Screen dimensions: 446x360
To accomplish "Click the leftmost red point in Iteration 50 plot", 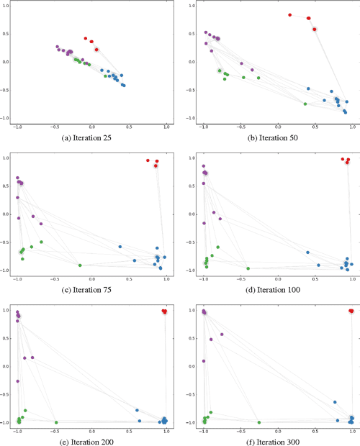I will point(290,14).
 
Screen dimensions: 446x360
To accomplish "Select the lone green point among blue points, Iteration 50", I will point(305,104).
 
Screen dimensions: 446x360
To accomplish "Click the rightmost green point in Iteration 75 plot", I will point(80,265).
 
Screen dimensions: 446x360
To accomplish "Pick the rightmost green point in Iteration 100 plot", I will point(248,268).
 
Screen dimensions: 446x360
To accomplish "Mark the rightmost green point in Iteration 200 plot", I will point(55,422).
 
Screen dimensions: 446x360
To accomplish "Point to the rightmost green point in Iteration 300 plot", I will point(258,422).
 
